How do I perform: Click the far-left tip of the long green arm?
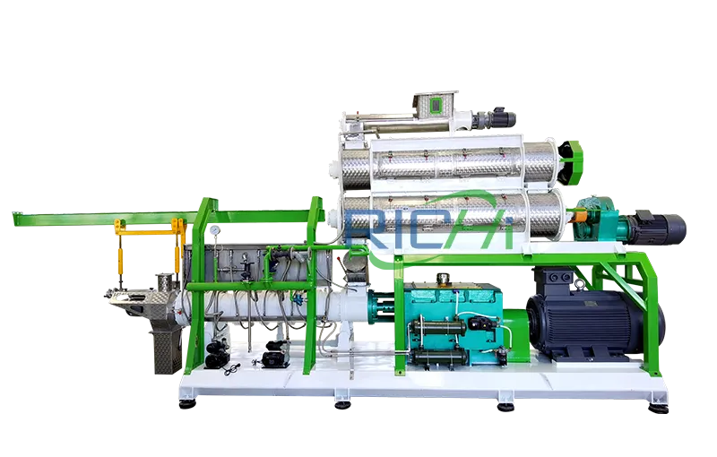(13, 216)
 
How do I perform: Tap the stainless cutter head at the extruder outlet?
(134, 296)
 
